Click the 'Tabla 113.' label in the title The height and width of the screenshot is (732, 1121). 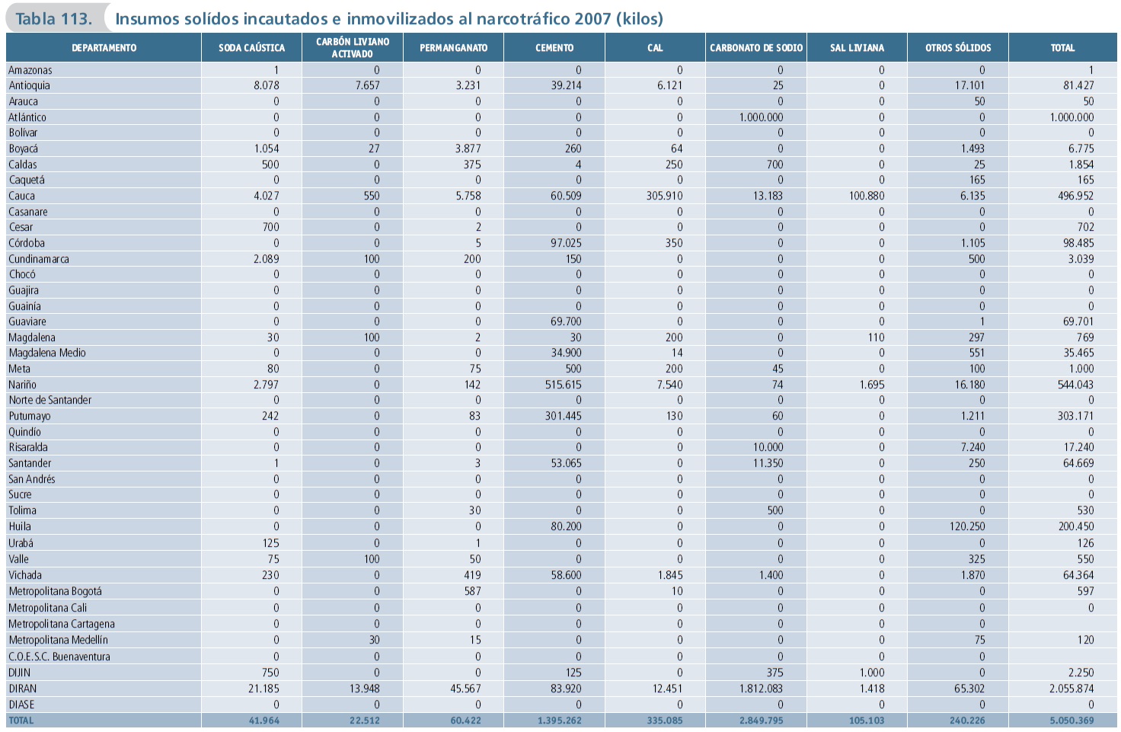[53, 18]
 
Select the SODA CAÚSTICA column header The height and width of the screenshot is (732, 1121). [251, 48]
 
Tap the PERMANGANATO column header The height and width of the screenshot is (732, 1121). [453, 48]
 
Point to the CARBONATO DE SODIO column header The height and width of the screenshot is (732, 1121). [756, 48]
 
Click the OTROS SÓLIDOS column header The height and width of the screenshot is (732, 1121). [958, 48]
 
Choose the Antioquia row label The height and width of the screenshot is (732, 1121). [29, 85]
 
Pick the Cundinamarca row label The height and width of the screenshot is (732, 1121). [39, 259]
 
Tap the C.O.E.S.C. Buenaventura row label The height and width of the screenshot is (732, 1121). [59, 657]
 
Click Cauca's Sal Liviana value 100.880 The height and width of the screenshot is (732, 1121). [867, 196]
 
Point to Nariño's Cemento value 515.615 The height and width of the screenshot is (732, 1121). [563, 385]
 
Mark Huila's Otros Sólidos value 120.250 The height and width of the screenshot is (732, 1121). [967, 526]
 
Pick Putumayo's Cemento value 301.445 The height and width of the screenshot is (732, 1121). [563, 416]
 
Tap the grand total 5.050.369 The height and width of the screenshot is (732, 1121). [1071, 721]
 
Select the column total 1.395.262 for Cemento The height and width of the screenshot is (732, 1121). [559, 721]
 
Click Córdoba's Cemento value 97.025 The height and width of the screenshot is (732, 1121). [566, 243]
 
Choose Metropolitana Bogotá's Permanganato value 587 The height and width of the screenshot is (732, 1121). [472, 591]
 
